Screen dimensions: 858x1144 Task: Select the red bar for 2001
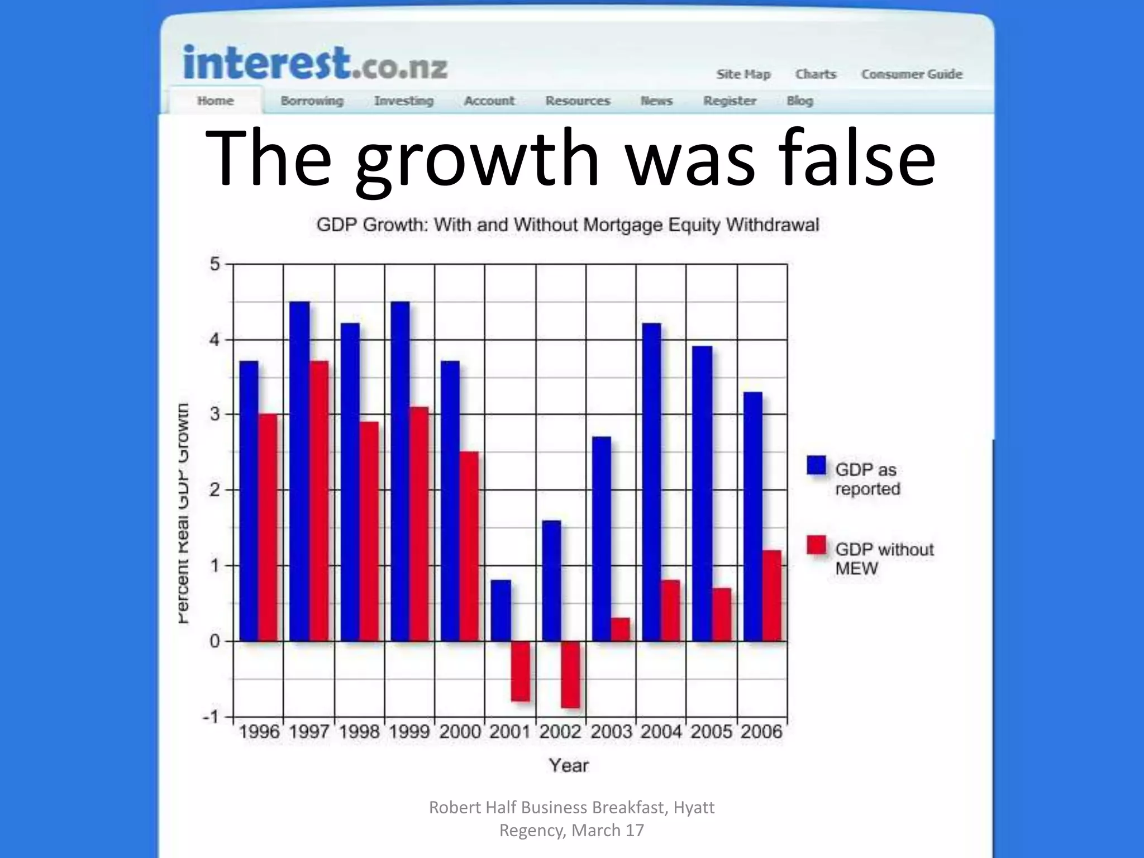[x=521, y=671]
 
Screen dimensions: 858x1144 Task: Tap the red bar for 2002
[x=570, y=675]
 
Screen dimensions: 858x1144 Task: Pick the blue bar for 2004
[x=651, y=482]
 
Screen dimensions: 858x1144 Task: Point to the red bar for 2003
[x=620, y=630]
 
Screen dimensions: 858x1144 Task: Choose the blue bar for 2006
[x=752, y=516]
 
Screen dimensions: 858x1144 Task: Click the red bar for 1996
[x=268, y=527]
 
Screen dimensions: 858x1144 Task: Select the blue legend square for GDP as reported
[x=816, y=465]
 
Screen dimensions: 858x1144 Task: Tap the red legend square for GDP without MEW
[x=816, y=545]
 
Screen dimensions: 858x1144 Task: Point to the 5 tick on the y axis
[x=214, y=264]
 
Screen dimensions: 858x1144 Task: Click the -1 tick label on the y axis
[x=211, y=717]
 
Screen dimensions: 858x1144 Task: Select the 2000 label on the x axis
[x=460, y=732]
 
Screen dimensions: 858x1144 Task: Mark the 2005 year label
[x=711, y=732]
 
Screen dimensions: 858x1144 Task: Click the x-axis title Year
[x=569, y=765]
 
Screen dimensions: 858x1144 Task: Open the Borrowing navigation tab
[x=312, y=101]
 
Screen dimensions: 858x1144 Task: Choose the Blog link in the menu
[x=799, y=101]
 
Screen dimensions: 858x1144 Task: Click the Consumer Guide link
[x=912, y=74]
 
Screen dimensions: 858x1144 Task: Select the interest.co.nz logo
[x=315, y=63]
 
